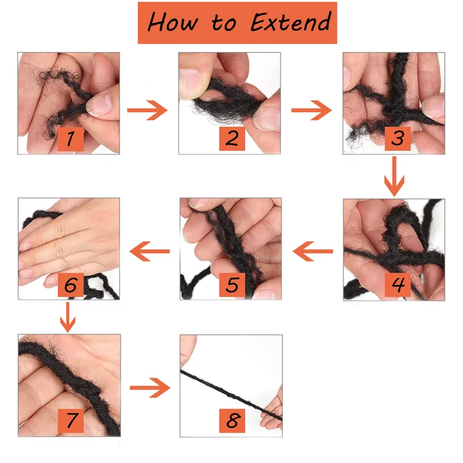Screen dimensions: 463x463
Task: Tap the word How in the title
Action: click(x=172, y=22)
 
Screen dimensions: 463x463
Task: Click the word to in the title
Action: click(x=224, y=23)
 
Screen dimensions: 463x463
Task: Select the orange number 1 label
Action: click(x=71, y=139)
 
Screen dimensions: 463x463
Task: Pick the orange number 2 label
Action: click(x=232, y=138)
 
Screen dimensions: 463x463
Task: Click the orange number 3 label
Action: click(x=398, y=138)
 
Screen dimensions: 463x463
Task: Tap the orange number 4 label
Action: click(x=398, y=285)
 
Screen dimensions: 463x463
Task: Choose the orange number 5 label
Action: click(x=232, y=285)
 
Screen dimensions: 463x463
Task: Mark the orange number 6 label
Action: click(x=71, y=285)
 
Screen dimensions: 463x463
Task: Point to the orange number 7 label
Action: click(x=71, y=421)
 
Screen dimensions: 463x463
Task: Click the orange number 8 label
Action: click(x=232, y=421)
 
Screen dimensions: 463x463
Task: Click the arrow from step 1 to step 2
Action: click(x=148, y=110)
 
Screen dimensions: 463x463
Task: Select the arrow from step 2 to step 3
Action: click(x=311, y=110)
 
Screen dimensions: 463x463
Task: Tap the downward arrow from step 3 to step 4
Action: click(x=394, y=177)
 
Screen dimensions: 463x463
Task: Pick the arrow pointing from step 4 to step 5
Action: click(x=313, y=251)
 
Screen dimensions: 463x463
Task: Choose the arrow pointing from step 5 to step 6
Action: click(x=150, y=251)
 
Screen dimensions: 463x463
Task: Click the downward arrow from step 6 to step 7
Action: click(x=68, y=317)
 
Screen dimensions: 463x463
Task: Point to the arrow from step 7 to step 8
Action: click(x=150, y=388)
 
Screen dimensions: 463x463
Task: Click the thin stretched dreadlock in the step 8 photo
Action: click(x=230, y=395)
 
